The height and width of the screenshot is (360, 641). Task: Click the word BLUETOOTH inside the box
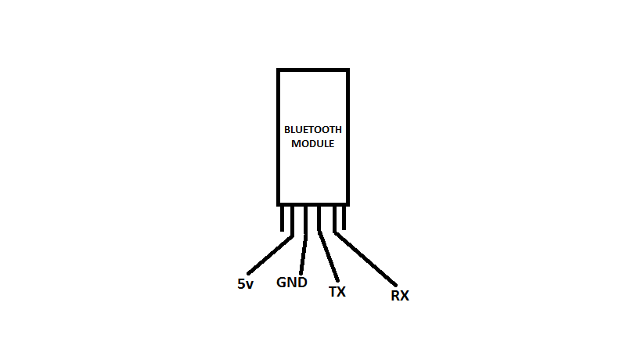point(312,130)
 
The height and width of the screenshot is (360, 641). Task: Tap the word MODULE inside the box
point(312,144)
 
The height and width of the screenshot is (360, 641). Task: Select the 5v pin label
point(245,284)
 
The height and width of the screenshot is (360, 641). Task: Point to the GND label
point(292,282)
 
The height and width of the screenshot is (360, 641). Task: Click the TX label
point(337,292)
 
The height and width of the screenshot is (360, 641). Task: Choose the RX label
point(400,295)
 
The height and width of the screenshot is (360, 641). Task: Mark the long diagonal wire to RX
point(366,258)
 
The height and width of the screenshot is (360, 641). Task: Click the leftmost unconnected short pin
point(282,218)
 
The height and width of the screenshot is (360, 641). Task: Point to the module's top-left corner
point(279,70)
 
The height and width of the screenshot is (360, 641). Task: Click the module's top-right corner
point(348,70)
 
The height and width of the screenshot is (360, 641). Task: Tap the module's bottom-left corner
point(279,203)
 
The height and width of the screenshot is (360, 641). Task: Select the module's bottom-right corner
point(348,203)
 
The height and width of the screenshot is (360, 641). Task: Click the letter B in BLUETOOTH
point(286,130)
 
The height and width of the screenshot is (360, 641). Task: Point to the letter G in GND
point(282,282)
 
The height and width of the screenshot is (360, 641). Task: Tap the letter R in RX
point(395,295)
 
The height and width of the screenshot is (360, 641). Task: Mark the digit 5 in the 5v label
point(241,284)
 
